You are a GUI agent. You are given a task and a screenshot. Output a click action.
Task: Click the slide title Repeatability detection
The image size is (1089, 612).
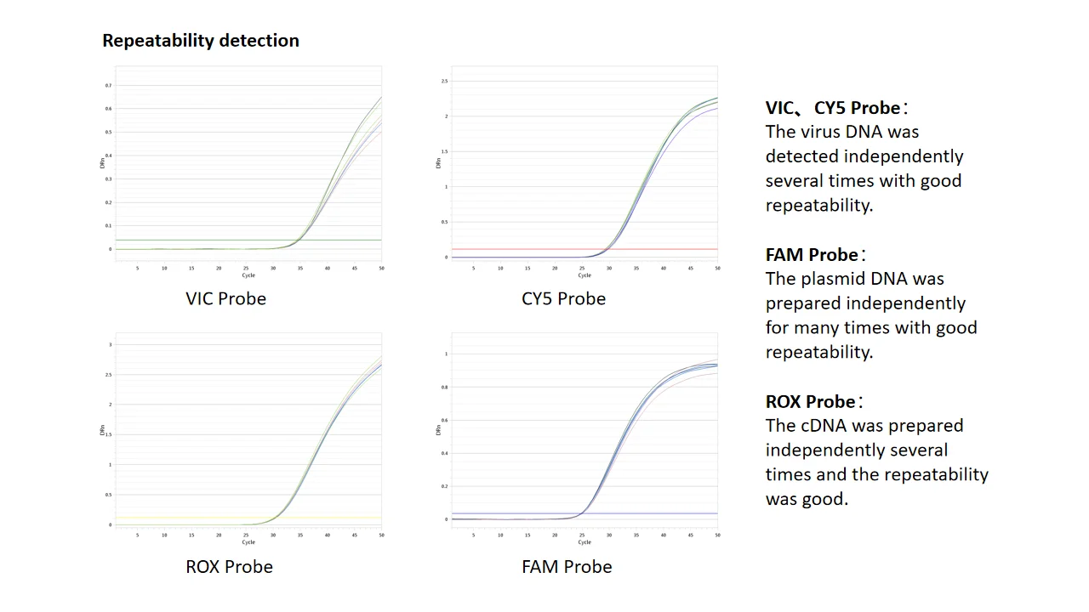(201, 41)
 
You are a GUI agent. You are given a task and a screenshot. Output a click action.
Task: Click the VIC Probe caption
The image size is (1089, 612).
(225, 298)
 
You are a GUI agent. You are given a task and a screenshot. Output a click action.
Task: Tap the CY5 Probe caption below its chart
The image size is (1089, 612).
(563, 298)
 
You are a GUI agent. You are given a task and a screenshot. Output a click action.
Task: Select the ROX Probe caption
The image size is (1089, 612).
(229, 566)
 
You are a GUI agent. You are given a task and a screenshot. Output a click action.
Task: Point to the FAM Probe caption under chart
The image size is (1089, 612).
(567, 566)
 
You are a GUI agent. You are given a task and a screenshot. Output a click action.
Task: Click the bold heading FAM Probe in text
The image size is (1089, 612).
(812, 255)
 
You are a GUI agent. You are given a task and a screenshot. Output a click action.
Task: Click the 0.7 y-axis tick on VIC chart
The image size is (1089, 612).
(108, 86)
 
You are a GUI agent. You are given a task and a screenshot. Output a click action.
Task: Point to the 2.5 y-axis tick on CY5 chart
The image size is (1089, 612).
(444, 81)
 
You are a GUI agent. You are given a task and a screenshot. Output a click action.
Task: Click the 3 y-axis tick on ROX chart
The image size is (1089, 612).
(110, 344)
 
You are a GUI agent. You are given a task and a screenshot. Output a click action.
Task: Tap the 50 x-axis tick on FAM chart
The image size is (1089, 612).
(717, 535)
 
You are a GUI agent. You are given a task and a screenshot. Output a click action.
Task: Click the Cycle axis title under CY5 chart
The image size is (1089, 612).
(584, 275)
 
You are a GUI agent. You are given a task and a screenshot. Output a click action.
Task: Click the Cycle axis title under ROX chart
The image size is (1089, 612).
(248, 541)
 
